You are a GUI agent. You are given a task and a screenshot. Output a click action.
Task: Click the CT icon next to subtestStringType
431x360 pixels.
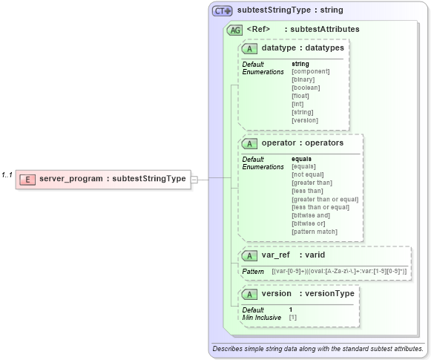[x=223, y=11]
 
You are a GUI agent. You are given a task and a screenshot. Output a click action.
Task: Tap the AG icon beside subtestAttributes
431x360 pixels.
[x=234, y=30]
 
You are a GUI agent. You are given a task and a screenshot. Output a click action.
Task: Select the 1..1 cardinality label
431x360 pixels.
[x=7, y=175]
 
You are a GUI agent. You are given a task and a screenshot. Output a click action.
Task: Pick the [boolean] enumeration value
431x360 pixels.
[x=305, y=88]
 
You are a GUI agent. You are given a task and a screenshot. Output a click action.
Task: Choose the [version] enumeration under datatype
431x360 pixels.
[x=305, y=120]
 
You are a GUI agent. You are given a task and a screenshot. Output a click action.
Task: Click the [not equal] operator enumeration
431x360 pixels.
[x=308, y=174]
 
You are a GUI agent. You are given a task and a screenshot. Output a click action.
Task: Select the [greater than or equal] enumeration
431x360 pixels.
[x=325, y=199]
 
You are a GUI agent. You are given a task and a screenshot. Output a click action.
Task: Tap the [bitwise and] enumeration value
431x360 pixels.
[x=310, y=215]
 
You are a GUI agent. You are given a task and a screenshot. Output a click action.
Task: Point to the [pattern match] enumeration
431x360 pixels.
[x=314, y=232]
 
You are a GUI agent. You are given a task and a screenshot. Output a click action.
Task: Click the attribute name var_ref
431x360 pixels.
[x=275, y=255]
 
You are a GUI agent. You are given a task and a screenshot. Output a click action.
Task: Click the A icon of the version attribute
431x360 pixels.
[x=251, y=293]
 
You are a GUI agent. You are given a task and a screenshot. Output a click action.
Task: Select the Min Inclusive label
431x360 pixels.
[x=262, y=317]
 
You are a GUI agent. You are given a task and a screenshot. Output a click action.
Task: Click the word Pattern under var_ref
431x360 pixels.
[x=253, y=272]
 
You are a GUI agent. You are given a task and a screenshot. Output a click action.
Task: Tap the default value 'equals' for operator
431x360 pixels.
[x=301, y=159]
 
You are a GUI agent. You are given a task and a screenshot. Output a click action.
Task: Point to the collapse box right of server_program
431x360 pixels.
[x=194, y=179]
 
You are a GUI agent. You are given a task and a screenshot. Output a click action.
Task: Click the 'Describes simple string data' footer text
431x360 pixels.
[x=318, y=348]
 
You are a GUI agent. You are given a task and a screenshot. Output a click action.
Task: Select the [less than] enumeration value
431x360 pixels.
[x=306, y=191]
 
